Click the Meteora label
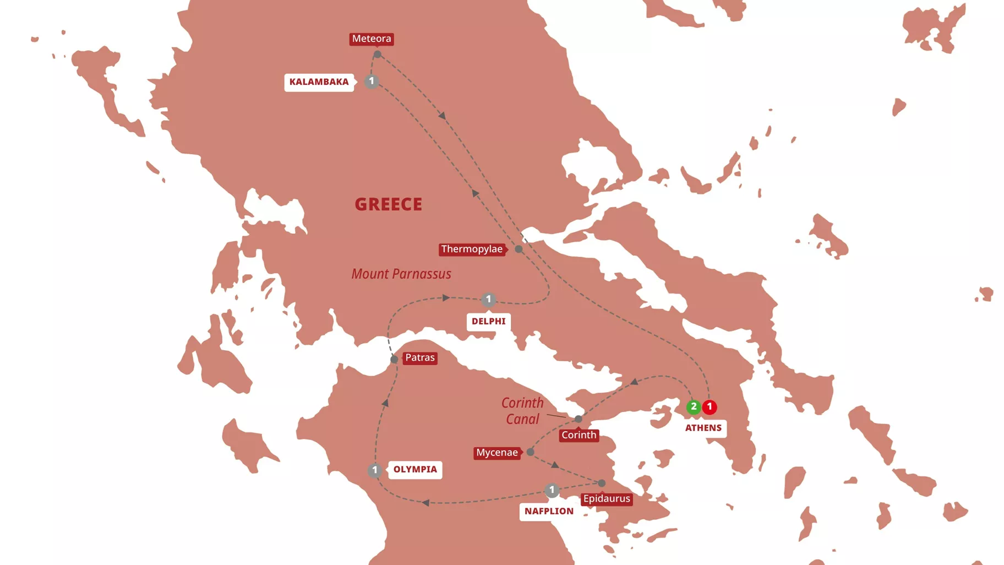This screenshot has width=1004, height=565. pos(372,39)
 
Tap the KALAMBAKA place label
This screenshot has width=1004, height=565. pos(319,82)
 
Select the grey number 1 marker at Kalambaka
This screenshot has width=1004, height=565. pos(372,82)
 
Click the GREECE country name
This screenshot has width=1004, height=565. pos(389,204)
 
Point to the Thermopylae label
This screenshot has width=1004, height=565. pos(472,249)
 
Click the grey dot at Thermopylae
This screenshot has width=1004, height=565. pos(519,249)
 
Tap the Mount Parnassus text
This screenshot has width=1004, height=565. pos(401,274)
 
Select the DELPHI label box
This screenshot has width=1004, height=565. pos(488,321)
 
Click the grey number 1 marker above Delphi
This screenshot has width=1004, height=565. pos(488,300)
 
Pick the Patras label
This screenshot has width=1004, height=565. pos(420,358)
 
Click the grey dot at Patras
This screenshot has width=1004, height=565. pos(394,360)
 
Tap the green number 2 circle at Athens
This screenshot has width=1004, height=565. pos(694,407)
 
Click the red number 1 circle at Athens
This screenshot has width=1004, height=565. pos(710,407)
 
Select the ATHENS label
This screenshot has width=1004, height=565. pos(703,428)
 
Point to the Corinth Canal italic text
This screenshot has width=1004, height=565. pos(522,411)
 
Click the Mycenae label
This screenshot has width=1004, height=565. pos(497,453)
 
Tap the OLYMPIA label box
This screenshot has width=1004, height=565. pos(415,470)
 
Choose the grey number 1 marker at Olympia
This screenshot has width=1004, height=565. pos(375,470)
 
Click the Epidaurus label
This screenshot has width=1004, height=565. pos(606,499)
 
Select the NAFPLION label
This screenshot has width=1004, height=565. pos(549,512)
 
